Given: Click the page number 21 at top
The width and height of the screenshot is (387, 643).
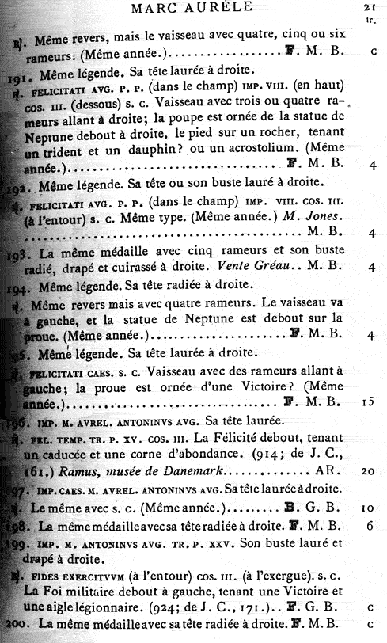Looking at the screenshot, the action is click(x=369, y=8).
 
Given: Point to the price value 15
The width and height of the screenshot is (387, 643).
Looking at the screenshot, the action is click(x=367, y=401).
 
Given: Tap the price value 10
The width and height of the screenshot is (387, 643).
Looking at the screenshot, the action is click(x=367, y=507).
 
